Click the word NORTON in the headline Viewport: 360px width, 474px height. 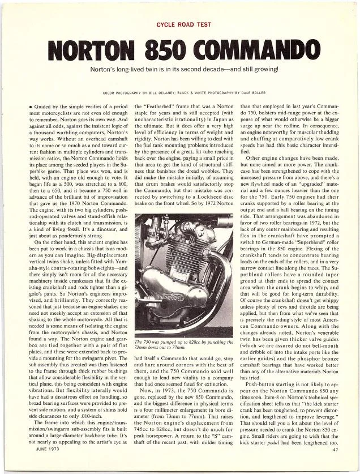coord(90,49)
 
